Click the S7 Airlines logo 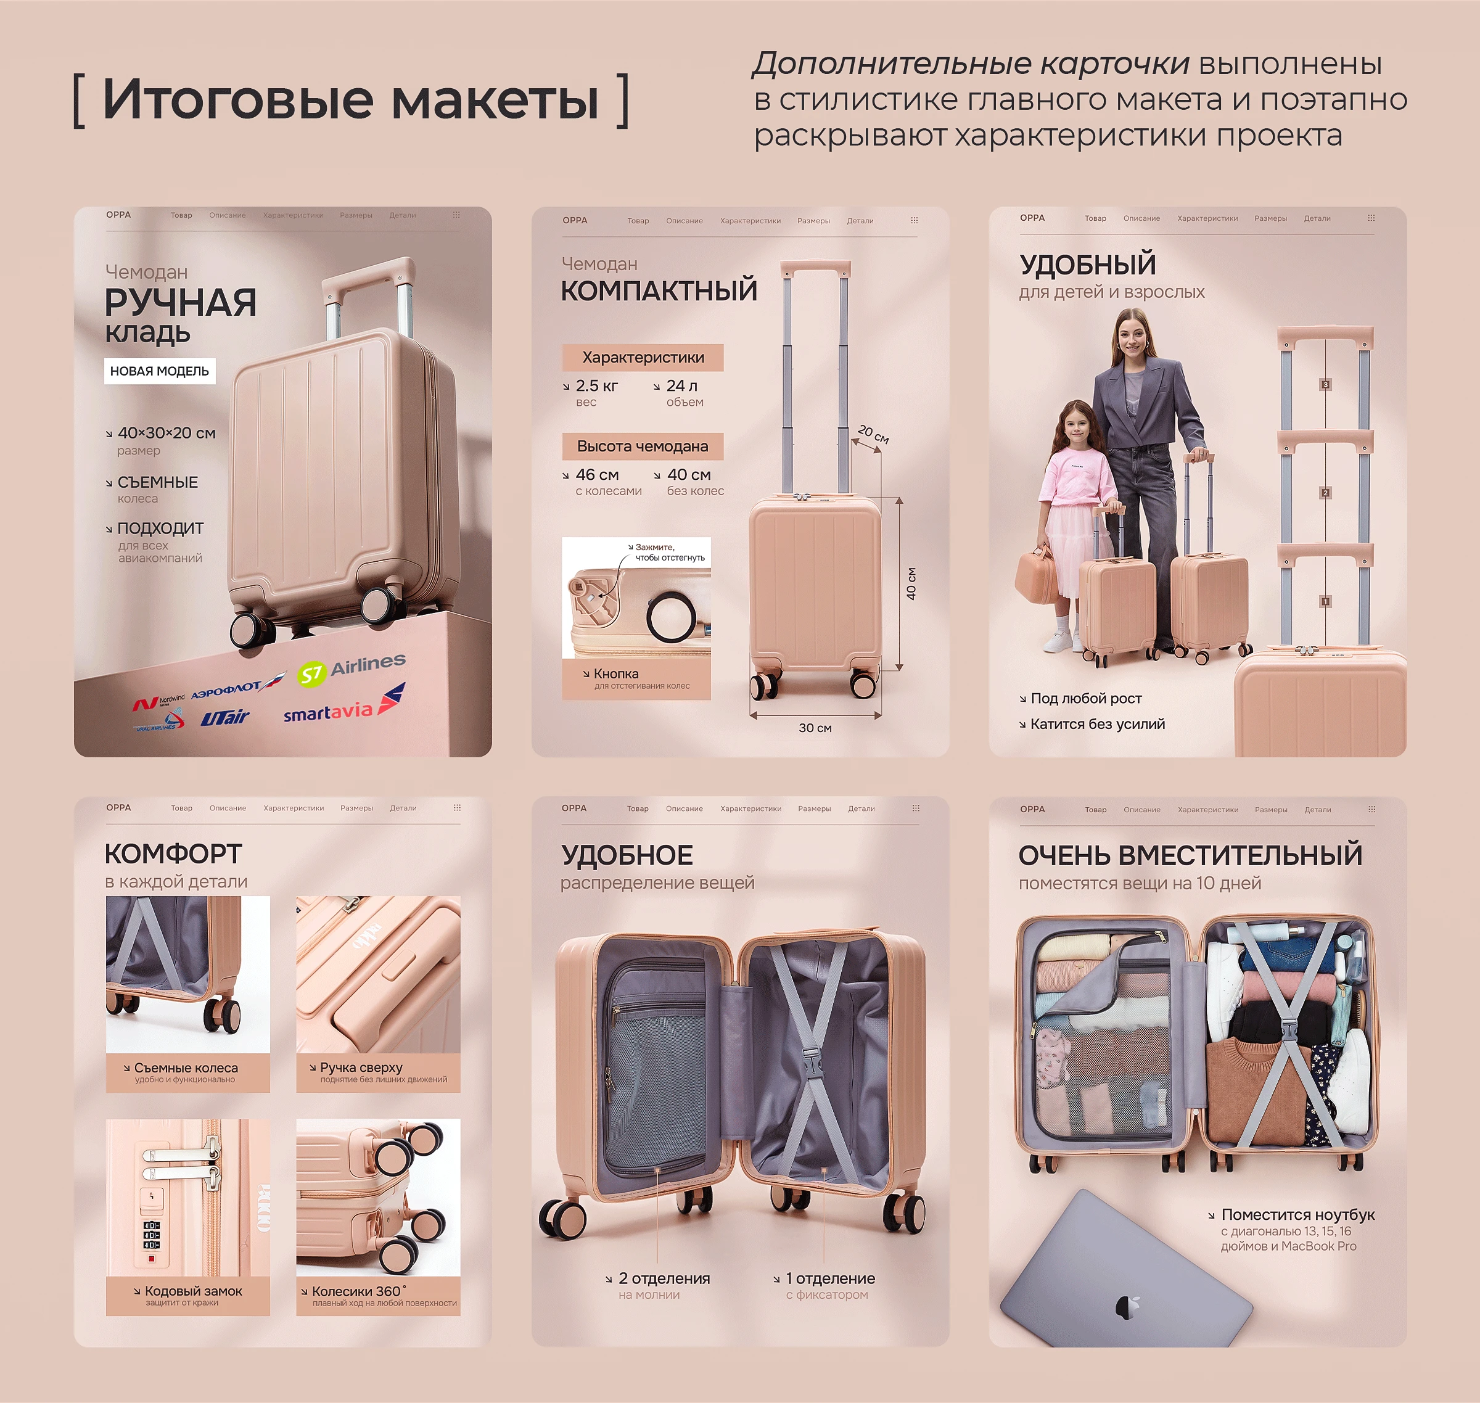351,669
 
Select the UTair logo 225,717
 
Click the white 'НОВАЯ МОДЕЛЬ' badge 159,371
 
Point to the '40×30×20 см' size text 166,433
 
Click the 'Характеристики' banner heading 643,358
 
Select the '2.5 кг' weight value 596,386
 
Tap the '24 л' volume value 681,386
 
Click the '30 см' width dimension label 815,728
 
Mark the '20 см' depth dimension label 873,434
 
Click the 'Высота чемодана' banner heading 643,446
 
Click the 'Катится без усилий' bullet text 1097,724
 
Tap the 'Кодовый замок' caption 193,1291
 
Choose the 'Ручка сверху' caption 361,1068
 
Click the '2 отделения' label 664,1278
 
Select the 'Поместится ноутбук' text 1297,1214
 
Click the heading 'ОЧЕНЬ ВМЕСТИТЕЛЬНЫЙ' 1190,855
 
